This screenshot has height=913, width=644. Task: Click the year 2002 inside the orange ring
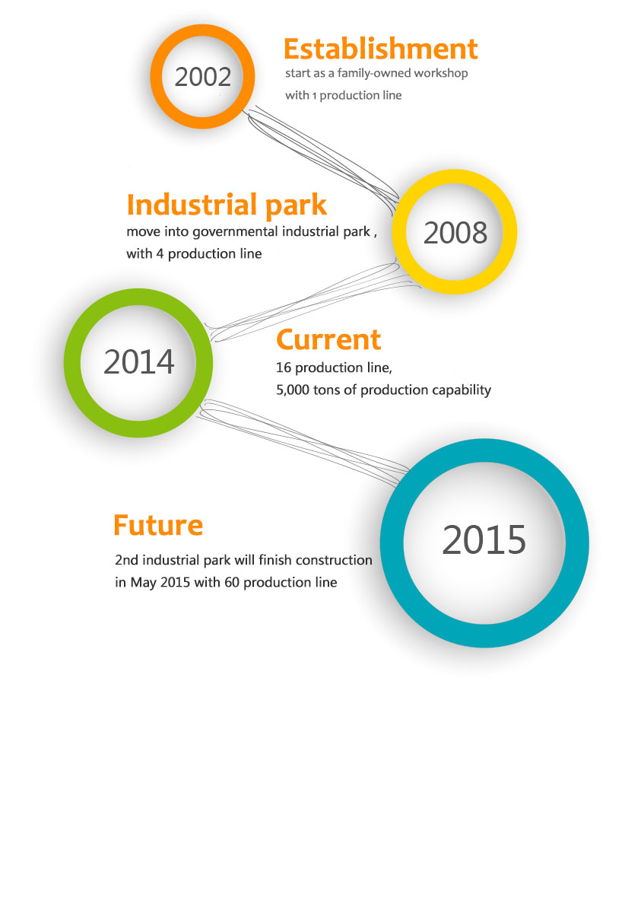point(203,77)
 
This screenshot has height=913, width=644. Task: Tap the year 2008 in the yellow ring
point(455,233)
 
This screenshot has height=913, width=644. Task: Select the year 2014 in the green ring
point(139,362)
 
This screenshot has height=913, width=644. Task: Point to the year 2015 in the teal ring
point(484,539)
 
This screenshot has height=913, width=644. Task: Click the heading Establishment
point(380,49)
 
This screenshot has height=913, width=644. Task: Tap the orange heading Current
point(328,339)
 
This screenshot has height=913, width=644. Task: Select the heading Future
point(158,525)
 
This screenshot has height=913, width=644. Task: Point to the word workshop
point(441,73)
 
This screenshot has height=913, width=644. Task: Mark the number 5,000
point(293,390)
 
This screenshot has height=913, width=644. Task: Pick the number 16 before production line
point(284,367)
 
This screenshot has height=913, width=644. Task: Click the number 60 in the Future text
point(231,583)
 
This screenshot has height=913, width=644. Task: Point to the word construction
point(334,561)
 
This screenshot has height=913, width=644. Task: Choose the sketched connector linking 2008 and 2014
point(312,301)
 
